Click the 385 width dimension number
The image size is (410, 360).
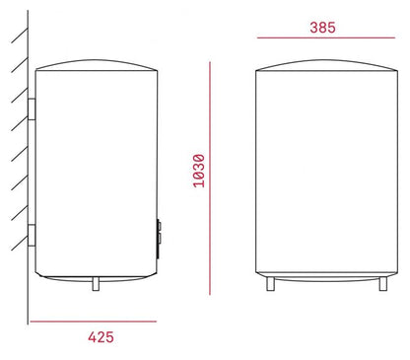(321, 27)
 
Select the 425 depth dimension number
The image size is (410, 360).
(100, 336)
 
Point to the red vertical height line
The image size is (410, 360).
(211, 178)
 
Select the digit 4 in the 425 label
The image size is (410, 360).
(91, 336)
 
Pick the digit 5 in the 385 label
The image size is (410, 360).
(332, 27)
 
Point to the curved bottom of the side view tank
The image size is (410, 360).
(96, 273)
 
